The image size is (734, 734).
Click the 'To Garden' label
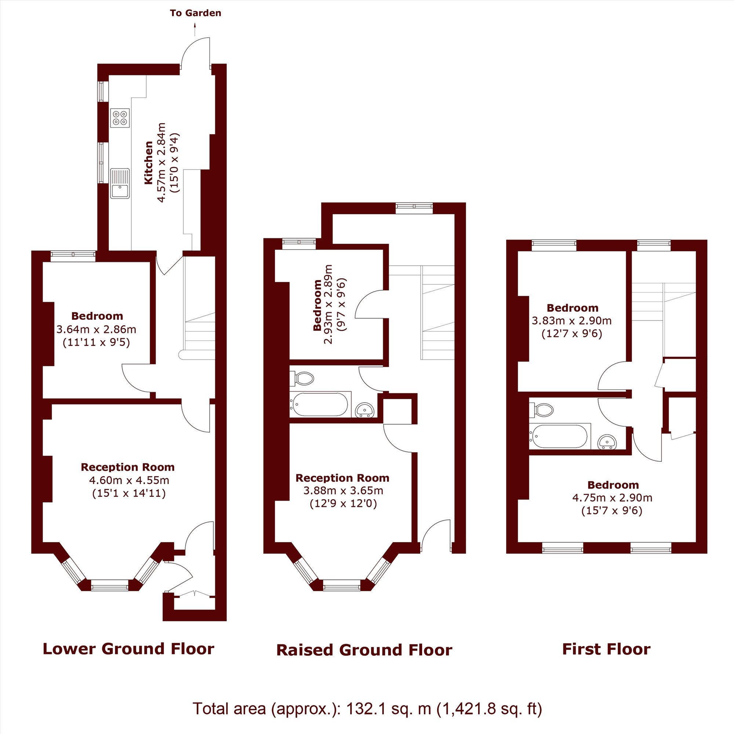coord(195,13)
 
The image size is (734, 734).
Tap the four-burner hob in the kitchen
coord(120,118)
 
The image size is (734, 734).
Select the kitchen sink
coord(120,183)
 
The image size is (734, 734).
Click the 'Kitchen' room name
coord(149,163)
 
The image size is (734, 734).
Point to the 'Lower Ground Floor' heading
coord(128,649)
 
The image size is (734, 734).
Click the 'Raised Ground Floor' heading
coord(364,650)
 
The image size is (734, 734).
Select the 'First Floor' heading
coord(606,649)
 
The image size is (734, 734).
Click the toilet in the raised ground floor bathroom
coord(302,378)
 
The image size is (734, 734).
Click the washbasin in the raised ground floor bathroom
coord(365,410)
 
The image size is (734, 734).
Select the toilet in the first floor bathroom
coord(541,410)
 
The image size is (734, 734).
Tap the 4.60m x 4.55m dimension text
coord(129,480)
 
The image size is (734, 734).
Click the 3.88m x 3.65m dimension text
coord(343,490)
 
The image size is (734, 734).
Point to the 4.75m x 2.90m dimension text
coord(612,498)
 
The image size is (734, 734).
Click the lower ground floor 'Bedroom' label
coord(97,316)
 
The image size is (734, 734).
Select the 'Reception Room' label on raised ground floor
coord(343,477)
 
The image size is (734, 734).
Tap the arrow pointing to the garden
coord(195,30)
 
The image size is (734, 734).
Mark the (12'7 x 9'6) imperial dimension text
coord(572,334)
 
